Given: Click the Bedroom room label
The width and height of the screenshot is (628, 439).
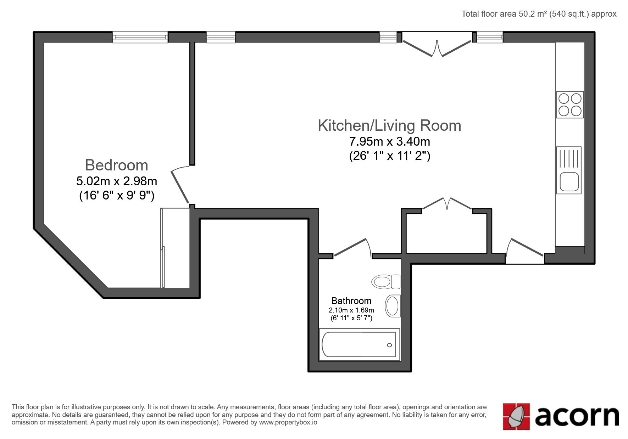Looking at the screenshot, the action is (x=116, y=165).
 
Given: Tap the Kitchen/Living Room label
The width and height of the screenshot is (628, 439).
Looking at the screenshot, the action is (x=389, y=125).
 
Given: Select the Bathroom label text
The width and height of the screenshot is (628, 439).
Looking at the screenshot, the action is (x=351, y=301).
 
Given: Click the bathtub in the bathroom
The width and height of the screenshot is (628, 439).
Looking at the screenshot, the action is (x=359, y=345).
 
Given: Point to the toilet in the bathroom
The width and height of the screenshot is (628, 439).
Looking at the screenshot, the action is (x=386, y=282).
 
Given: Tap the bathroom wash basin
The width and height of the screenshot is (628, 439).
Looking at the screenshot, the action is (x=393, y=305).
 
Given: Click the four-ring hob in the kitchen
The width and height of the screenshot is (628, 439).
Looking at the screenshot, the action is (x=570, y=105).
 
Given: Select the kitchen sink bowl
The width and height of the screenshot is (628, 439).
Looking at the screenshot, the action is (x=569, y=181).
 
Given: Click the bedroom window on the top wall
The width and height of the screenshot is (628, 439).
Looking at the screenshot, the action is (x=140, y=37).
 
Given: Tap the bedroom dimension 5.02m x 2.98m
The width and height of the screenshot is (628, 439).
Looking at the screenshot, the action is (x=117, y=181).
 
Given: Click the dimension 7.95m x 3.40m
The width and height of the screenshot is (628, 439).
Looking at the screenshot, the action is (x=390, y=142).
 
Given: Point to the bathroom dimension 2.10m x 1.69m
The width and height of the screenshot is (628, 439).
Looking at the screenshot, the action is (x=351, y=310).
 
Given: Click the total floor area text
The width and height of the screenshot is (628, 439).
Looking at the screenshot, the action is (x=539, y=14).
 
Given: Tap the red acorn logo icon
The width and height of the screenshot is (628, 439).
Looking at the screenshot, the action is (x=516, y=416).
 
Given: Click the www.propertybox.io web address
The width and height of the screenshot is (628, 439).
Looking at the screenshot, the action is (x=288, y=422).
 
